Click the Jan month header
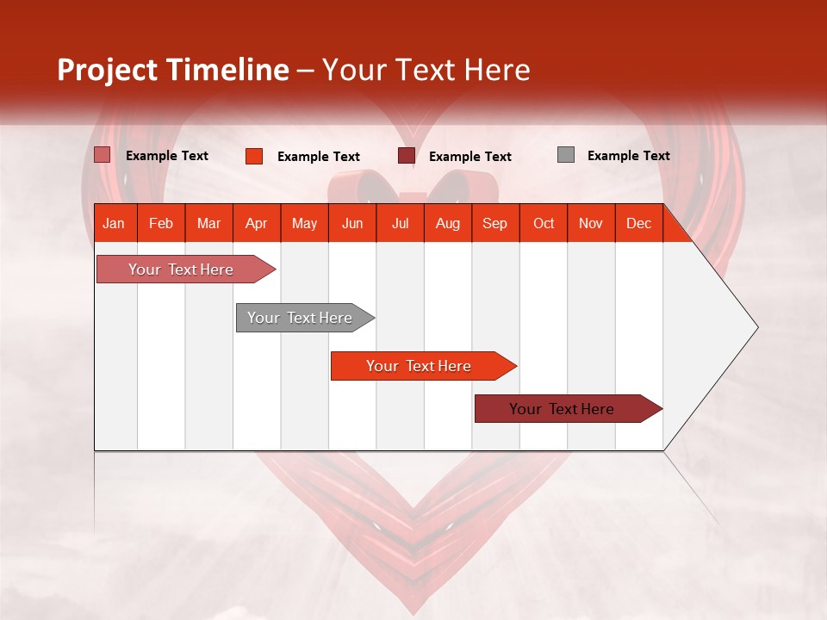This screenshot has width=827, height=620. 114,223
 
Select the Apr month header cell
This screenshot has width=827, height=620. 256,223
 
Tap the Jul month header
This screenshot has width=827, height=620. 400,223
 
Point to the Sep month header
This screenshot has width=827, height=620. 494,223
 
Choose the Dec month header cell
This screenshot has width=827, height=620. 638,223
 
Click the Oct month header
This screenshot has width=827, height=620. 543,223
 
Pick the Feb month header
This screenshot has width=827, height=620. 160,223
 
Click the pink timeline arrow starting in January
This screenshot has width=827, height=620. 181,270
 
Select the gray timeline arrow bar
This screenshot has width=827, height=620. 300,318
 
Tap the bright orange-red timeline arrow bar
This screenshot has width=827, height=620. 419,366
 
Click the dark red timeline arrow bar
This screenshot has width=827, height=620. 562,409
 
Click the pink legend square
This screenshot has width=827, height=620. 103,155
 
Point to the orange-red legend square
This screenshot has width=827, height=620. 253,156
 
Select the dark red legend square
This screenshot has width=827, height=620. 407,156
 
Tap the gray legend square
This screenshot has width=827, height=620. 566,155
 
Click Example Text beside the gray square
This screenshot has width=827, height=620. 628,156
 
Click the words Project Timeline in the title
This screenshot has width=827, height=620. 172,70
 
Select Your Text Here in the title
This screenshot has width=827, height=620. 426,70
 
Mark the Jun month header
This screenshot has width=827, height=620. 351,223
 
